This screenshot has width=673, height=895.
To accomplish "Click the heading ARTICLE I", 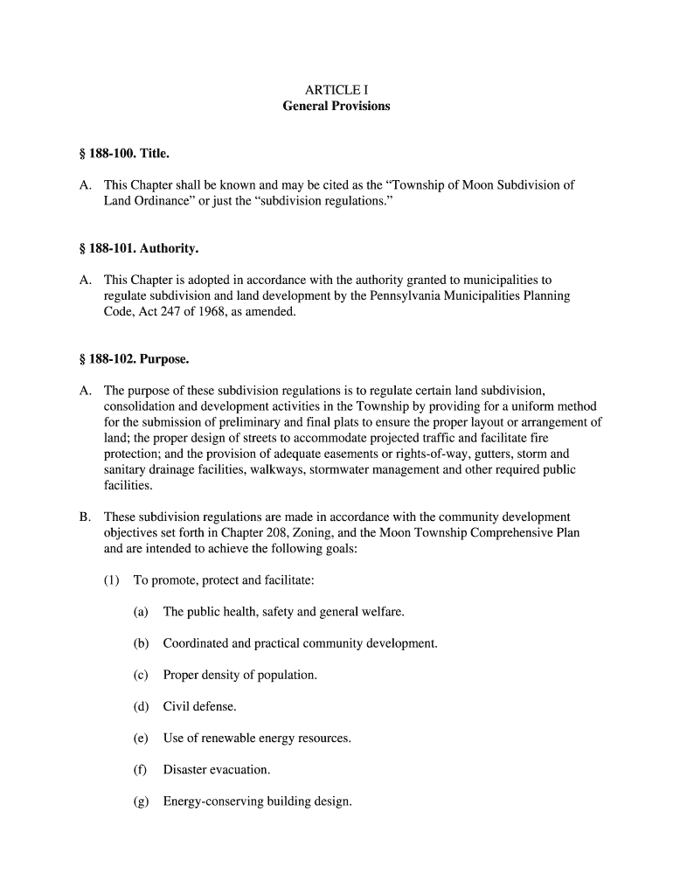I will coord(336,90).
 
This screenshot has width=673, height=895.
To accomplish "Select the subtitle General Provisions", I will coord(336,107).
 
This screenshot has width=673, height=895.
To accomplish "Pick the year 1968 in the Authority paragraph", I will coord(214,312).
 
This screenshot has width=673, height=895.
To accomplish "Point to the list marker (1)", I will coord(112,580).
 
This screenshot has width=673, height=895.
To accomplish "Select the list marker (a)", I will coord(141,612).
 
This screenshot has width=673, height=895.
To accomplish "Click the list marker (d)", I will coord(141,706).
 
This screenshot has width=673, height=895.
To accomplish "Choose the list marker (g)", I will coord(141,801).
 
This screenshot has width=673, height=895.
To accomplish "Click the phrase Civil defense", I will coord(199,706).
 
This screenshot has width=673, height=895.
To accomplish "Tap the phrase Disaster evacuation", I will coord(216,770).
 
